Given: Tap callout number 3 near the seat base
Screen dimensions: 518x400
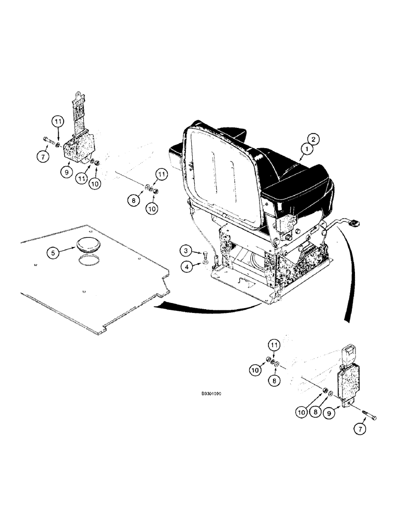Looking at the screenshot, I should (x=187, y=251).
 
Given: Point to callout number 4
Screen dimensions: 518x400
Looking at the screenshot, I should (x=187, y=267).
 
